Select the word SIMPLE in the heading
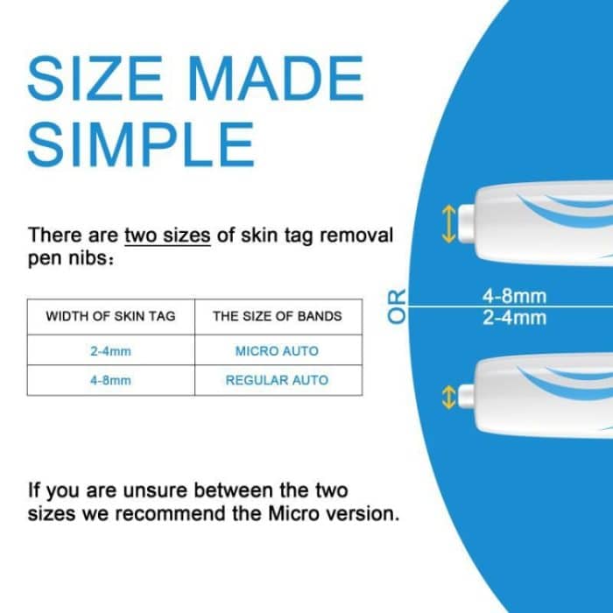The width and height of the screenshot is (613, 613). pos(141,143)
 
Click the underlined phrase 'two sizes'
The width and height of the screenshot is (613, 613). pos(167,236)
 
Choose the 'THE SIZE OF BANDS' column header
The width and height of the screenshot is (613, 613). pos(277,317)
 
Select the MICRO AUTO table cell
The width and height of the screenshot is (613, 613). pos(277,351)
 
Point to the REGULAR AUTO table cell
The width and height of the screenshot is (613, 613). pos(277,381)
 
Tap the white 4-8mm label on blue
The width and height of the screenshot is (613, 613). pos(514,297)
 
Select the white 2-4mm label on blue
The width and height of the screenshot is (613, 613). pos(514,317)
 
